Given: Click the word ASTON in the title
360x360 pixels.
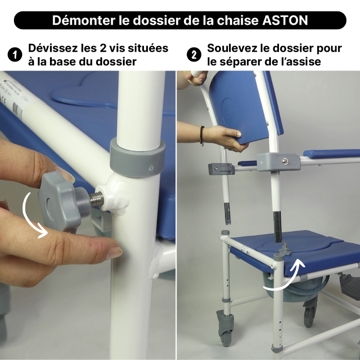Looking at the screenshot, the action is pyautogui.click(x=285, y=20).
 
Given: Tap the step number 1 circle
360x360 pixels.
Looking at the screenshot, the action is pyautogui.click(x=15, y=55).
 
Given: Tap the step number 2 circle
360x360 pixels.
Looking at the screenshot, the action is pyautogui.click(x=194, y=55).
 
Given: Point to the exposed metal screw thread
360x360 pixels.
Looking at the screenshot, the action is pyautogui.click(x=96, y=199).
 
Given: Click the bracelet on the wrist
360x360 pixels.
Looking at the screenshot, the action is pyautogui.click(x=202, y=135).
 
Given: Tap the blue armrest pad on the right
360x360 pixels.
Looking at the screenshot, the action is pyautogui.click(x=331, y=154).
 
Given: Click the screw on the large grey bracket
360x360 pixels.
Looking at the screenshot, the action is pyautogui.click(x=285, y=161).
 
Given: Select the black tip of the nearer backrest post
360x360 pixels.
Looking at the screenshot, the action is pyautogui.click(x=277, y=227).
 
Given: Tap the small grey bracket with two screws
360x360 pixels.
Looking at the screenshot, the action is pyautogui.click(x=221, y=169).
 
